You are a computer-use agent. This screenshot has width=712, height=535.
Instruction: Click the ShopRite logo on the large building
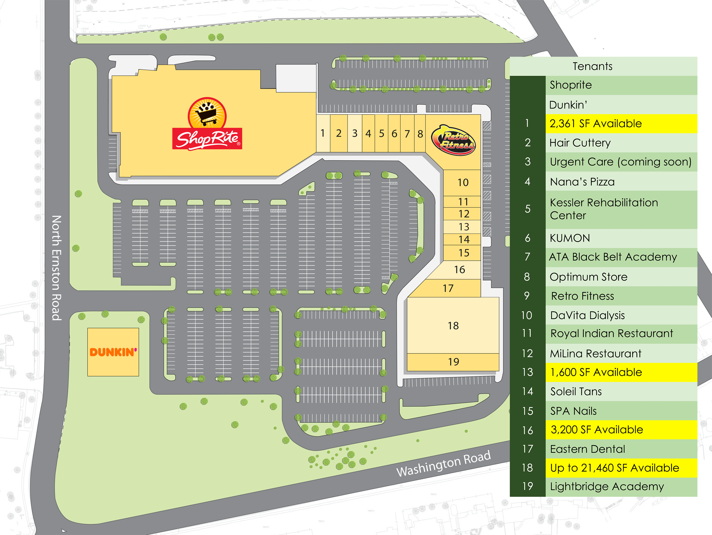tap(207, 124)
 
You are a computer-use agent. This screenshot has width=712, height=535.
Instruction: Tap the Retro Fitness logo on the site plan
tap(453, 140)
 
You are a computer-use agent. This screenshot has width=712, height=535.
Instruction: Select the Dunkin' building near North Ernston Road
tap(113, 352)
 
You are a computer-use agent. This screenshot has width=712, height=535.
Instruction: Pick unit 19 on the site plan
tap(453, 362)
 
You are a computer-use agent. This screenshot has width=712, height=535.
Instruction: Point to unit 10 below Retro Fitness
tap(463, 183)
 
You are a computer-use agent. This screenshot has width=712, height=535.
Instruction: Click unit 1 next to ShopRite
tap(322, 133)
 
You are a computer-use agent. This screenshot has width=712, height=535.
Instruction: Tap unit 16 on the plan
tap(459, 269)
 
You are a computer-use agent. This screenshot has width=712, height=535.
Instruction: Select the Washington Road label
tap(443, 463)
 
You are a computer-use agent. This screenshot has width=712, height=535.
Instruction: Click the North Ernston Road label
tap(56, 268)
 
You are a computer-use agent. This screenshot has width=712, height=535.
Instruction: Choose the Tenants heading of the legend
tap(592, 66)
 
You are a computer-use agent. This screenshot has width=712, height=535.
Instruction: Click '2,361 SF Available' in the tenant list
tap(596, 124)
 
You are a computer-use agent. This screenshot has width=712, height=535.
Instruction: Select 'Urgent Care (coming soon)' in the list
tap(620, 162)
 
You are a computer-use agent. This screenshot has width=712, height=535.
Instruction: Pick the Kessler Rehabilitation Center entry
tap(603, 209)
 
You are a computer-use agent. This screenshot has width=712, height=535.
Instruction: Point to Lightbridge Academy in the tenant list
tap(607, 486)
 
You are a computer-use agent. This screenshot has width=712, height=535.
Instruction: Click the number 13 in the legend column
tap(527, 372)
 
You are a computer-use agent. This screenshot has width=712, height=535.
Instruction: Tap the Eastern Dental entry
tap(588, 449)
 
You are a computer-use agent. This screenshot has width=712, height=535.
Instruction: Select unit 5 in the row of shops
tap(381, 133)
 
